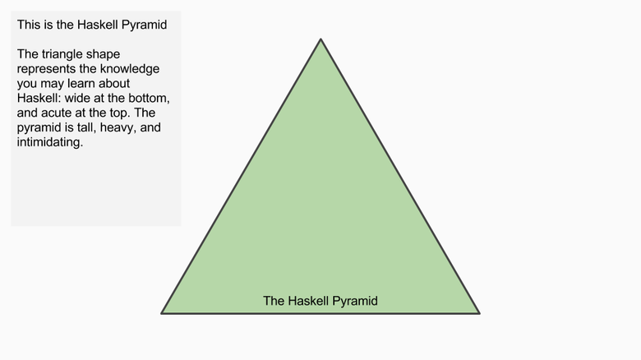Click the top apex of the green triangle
[320, 39]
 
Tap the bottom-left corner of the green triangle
[161, 314]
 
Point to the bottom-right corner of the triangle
[480, 314]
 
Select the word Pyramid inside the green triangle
[355, 302]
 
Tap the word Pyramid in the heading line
[145, 25]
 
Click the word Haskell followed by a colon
[39, 98]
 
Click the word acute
[55, 113]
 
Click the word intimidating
[49, 142]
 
